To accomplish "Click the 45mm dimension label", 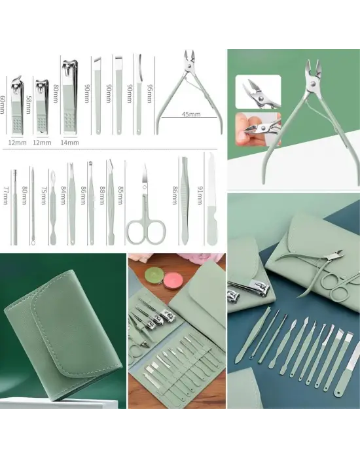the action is (191, 114).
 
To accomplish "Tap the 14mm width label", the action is (69, 143).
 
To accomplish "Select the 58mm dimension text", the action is (29, 105).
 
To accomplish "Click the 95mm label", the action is (150, 94).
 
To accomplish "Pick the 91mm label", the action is (200, 195).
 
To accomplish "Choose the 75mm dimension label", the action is (44, 196).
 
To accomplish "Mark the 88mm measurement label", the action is (102, 196).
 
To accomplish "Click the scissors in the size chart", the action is (145, 204).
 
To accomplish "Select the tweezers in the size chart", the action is (184, 201).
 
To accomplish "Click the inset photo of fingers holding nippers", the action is (258, 129).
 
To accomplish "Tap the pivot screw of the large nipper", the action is (312, 85).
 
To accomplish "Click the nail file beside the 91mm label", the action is (211, 200).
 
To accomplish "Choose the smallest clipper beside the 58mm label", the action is (43, 106).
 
